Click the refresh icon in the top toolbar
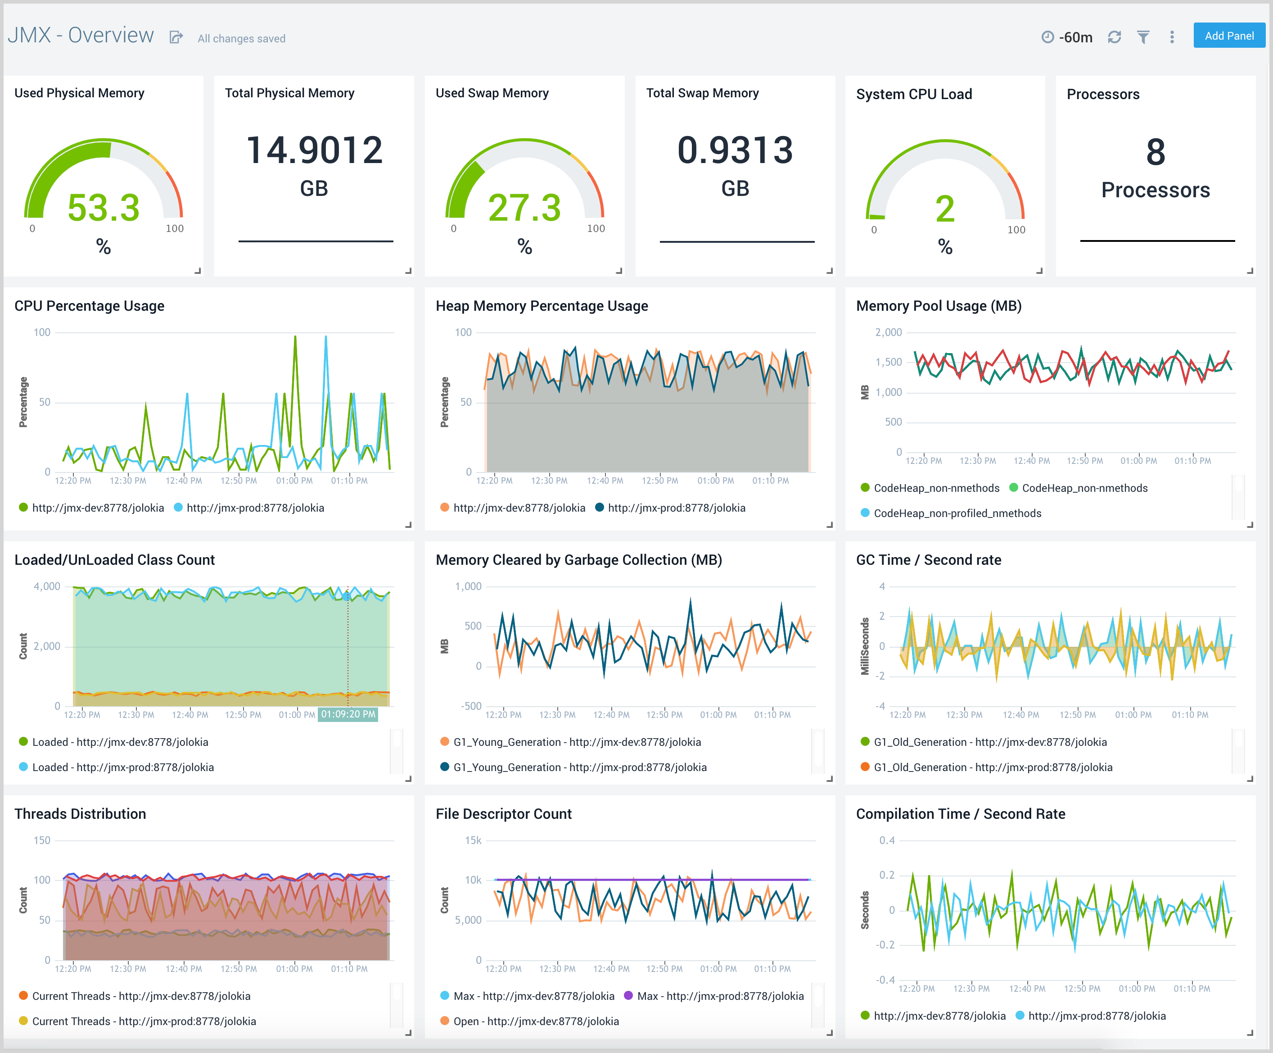[1114, 37]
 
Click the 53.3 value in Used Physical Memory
[104, 208]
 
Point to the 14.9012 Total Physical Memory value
[314, 150]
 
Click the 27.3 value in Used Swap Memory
[524, 208]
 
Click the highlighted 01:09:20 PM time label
[348, 714]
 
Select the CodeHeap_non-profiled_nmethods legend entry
[957, 513]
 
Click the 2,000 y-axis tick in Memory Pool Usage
[888, 332]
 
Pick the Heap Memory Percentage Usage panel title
[542, 306]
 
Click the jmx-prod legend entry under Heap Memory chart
[676, 508]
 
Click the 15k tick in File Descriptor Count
[473, 840]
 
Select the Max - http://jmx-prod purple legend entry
[719, 996]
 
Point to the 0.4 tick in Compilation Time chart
[887, 840]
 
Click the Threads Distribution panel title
[80, 813]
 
